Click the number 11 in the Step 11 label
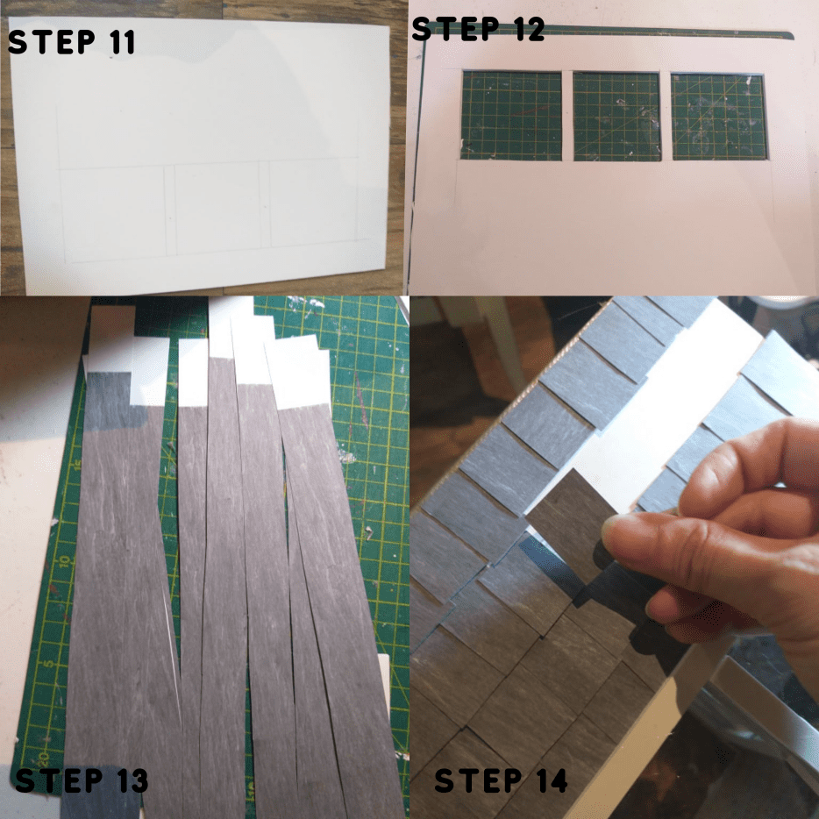click(124, 42)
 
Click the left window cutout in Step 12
click(511, 116)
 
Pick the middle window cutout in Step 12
click(616, 116)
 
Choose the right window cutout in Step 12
click(719, 117)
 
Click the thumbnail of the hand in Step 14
click(614, 530)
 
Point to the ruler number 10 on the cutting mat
click(64, 561)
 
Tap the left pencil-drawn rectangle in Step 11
click(114, 214)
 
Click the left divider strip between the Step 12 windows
click(567, 116)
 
